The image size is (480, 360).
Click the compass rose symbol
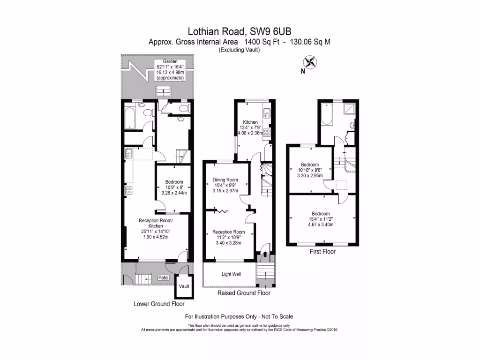tap(310, 62)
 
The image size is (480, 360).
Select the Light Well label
tap(231, 274)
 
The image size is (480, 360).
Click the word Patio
tap(163, 277)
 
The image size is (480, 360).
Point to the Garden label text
tap(170, 62)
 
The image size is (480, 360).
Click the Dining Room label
tap(225, 180)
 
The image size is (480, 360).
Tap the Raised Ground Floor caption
tap(244, 293)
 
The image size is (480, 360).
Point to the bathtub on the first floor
tap(327, 114)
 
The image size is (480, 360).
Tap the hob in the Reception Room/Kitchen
tap(129, 190)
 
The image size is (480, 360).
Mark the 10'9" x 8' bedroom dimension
tap(174, 187)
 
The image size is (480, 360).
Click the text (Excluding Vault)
tap(239, 50)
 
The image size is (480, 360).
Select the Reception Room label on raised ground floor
tap(229, 232)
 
